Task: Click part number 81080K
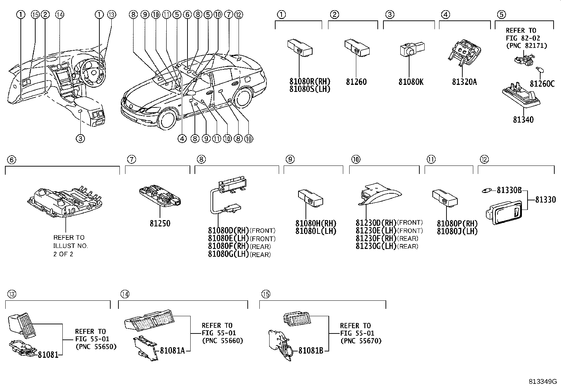click(x=411, y=82)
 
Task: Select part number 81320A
click(x=464, y=82)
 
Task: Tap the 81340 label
click(x=523, y=120)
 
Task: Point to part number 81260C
click(x=542, y=84)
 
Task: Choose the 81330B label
click(x=509, y=191)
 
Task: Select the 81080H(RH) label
click(x=316, y=224)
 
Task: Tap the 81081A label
click(x=172, y=350)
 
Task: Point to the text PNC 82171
click(x=526, y=46)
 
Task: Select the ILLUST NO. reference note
click(x=70, y=246)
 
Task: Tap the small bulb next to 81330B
click(x=488, y=191)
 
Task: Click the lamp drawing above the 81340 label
click(x=520, y=96)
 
